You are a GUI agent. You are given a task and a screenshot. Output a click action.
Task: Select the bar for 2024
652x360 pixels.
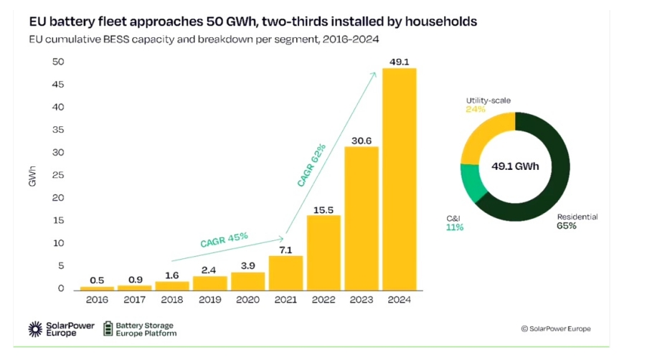[400, 179]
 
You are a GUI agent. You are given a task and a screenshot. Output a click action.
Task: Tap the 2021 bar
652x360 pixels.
[286, 273]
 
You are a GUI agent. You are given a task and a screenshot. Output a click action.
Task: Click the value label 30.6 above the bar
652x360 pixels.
[362, 140]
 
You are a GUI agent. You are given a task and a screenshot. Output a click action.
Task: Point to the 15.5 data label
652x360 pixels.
[324, 209]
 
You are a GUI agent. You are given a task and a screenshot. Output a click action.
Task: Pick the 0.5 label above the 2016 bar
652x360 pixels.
[98, 280]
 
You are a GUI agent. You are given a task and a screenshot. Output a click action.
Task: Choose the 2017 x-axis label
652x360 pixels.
[136, 300]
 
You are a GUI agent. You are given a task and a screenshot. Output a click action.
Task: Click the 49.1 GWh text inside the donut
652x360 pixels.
[515, 166]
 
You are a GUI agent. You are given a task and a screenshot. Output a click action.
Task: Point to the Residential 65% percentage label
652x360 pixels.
[566, 226]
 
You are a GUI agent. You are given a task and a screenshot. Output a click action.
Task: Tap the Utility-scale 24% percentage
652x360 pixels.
[476, 110]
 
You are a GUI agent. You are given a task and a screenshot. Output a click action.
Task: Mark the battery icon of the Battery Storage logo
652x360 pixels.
[108, 328]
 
